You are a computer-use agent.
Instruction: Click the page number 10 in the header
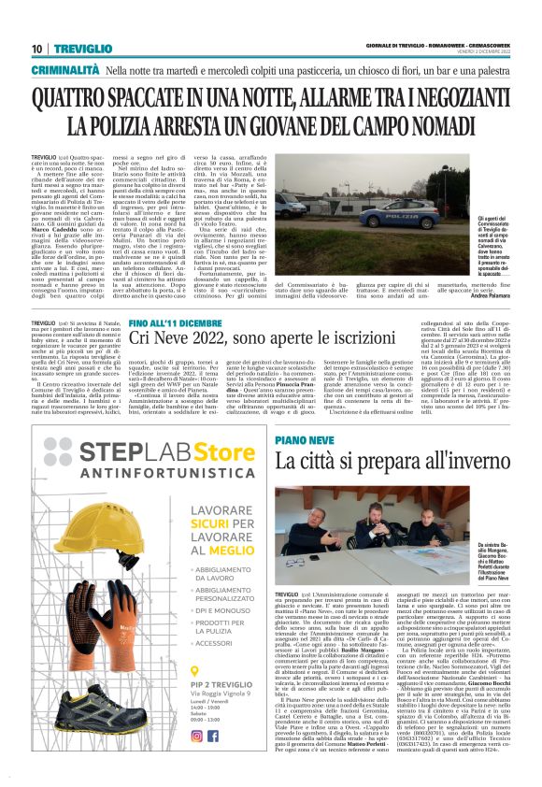[x=37, y=49]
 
